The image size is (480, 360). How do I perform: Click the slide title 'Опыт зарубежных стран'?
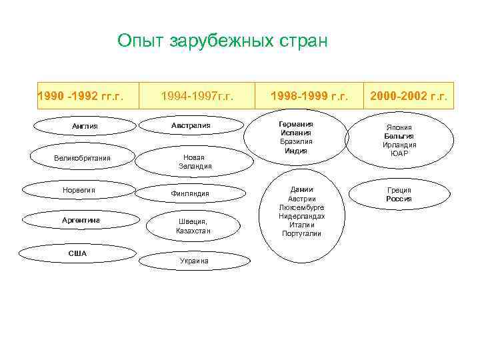tap(223, 41)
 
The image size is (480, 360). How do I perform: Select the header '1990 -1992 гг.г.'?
tap(81, 96)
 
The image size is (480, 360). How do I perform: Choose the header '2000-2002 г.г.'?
tap(408, 96)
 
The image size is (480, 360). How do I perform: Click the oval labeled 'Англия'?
tap(85, 126)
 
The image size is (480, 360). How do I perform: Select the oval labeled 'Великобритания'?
tap(82, 158)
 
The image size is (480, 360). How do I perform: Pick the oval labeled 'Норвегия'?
tap(79, 190)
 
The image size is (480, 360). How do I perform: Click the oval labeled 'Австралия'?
tap(191, 125)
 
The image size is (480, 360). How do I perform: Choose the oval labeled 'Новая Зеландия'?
tap(195, 161)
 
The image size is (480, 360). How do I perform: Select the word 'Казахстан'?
tap(193, 231)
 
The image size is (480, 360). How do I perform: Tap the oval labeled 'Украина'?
tap(193, 261)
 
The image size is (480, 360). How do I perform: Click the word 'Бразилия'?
tap(295, 141)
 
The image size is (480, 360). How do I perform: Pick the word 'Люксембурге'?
tap(301, 207)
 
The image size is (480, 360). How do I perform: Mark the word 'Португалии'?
tap(301, 233)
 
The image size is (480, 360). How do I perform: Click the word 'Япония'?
tap(399, 127)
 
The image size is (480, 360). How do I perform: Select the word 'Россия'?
tap(399, 199)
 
